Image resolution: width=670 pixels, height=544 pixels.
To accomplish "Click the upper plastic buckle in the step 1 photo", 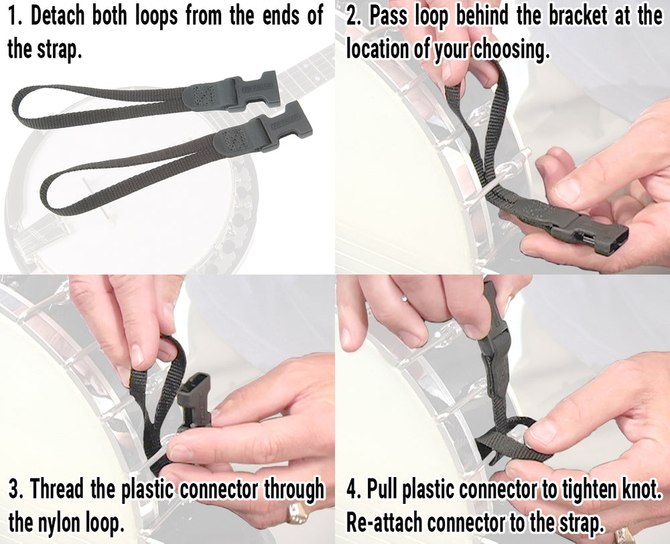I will click(x=251, y=90).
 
